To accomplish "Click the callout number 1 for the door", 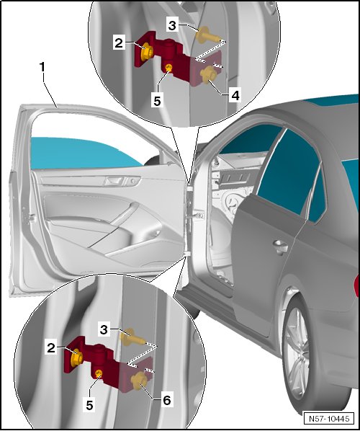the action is (42, 67).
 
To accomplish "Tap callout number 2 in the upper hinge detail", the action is (119, 43).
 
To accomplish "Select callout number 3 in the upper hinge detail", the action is (172, 25).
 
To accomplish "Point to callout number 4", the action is (235, 95).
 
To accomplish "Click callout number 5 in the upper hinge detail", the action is (157, 102).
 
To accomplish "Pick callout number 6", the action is (167, 400).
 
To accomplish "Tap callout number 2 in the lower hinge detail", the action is (51, 348).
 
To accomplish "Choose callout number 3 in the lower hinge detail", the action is (104, 329).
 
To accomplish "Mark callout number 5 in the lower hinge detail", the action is (89, 406).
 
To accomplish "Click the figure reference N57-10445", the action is (329, 418).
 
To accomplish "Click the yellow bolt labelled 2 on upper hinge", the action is (144, 52).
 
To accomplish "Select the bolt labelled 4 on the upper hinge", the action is (207, 74).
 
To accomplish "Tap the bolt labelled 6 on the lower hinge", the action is (138, 381).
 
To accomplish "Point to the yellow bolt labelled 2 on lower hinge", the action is (76, 357).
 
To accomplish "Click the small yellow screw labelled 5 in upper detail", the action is (169, 67).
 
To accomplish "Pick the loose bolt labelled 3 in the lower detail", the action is (131, 337).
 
